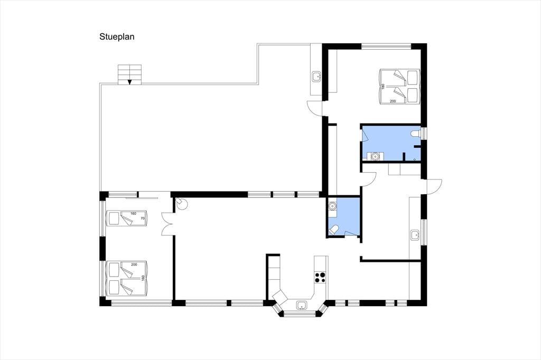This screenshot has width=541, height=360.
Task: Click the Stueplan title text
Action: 117,37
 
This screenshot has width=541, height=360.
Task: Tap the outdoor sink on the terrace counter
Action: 316,76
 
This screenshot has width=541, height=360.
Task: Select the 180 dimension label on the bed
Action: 383,86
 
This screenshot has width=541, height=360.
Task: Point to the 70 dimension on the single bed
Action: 143,219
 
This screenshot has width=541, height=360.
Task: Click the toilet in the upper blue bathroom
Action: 415,134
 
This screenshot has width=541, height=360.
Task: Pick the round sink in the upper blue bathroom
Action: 375,157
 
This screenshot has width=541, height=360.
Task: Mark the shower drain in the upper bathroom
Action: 414,159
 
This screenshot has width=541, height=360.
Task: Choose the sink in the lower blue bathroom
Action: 332,206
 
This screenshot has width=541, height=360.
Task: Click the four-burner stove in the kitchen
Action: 320,278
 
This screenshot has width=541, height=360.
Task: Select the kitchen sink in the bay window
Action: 302,305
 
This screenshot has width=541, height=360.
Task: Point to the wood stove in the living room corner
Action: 181,204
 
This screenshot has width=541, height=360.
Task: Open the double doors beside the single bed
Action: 167,224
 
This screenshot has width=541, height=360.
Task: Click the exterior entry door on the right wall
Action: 435,186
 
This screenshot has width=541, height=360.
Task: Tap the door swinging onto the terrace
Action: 314,108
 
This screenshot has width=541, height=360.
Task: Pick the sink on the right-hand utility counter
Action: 415,235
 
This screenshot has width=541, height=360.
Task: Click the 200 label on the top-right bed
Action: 393,101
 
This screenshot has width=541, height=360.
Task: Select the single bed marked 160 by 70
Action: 127,219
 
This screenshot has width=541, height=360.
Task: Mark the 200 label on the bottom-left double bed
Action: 134,264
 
